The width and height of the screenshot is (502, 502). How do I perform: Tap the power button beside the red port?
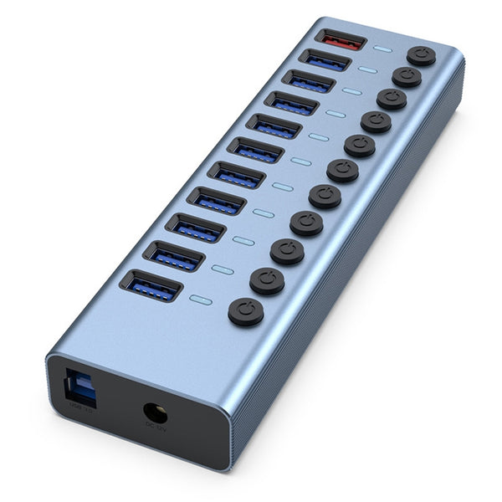coord(421,56)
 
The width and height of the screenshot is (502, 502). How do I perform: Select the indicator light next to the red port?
coord(382,49)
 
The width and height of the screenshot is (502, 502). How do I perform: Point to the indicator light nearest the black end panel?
coord(199,298)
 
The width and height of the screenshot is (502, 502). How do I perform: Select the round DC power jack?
coord(155,413)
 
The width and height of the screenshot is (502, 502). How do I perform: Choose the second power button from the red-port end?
coord(407,77)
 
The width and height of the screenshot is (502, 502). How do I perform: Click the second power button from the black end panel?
coord(267,280)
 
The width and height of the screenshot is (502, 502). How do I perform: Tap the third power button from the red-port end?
coord(392,99)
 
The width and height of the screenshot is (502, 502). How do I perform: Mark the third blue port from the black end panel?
coord(195,228)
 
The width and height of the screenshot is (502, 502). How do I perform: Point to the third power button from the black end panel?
coord(287,251)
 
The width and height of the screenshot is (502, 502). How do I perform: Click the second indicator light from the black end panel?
coord(222,269)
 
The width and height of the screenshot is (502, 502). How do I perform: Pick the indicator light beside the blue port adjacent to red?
coord(368,70)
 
